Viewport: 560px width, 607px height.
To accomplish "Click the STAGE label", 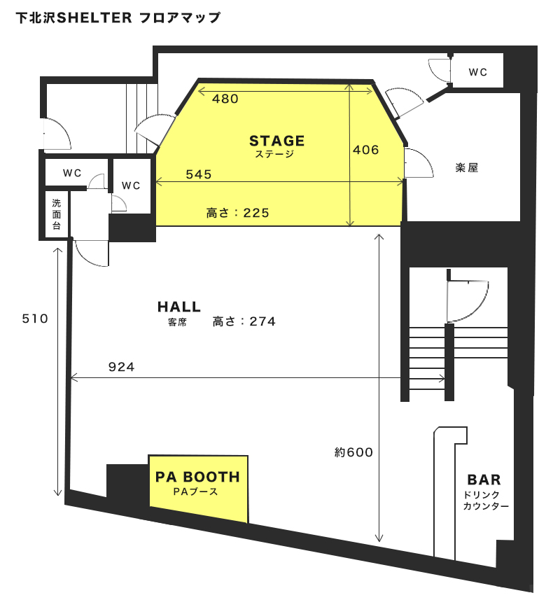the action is click(x=276, y=141).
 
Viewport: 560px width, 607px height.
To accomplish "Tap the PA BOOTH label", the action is click(x=197, y=477).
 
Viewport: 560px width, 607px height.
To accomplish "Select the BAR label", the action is click(x=484, y=480).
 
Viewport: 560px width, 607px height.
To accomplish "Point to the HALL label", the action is click(x=179, y=307).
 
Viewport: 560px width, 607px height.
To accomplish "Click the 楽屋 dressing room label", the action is click(x=467, y=167).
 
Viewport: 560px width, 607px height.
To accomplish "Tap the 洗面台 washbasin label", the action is click(x=57, y=214).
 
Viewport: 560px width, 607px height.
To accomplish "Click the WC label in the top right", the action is click(x=477, y=72).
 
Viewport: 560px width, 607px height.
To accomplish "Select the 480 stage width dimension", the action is click(x=225, y=99).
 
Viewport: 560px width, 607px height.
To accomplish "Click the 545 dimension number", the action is click(x=199, y=174).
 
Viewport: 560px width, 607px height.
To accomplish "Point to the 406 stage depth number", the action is click(x=365, y=150).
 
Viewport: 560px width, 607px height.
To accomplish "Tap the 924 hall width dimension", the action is click(x=122, y=367).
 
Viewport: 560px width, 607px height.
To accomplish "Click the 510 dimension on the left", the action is click(x=35, y=319).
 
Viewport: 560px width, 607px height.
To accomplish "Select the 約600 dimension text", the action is click(x=353, y=452).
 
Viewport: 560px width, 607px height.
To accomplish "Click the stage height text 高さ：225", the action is click(x=237, y=213).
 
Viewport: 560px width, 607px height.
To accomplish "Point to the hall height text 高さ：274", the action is click(x=244, y=321).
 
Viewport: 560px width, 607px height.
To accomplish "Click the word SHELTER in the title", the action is click(x=94, y=18).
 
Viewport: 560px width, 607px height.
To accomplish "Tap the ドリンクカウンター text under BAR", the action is click(x=486, y=501).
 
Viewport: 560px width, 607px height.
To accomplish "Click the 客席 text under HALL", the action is click(x=178, y=322).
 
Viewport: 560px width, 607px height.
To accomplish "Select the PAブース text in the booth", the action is click(x=195, y=491).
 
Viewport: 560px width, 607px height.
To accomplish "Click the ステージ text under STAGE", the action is click(x=275, y=154).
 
